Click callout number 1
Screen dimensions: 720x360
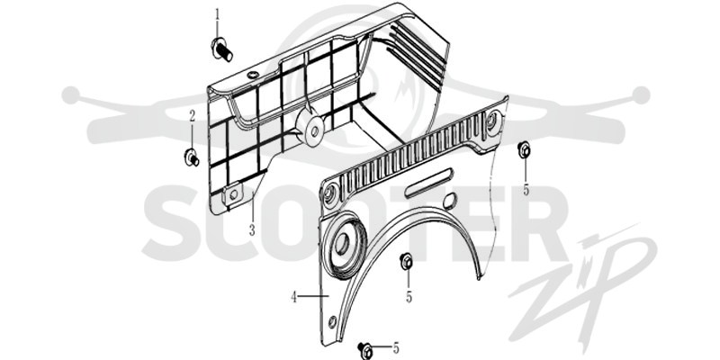pyautogui.click(x=218, y=14)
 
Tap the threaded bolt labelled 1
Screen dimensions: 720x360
pyautogui.click(x=221, y=49)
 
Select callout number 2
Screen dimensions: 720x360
pyautogui.click(x=193, y=116)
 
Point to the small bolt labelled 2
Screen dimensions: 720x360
pyautogui.click(x=191, y=157)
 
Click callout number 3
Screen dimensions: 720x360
pyautogui.click(x=252, y=230)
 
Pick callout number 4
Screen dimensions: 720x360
pyautogui.click(x=294, y=298)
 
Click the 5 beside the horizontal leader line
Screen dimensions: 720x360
pyautogui.click(x=396, y=348)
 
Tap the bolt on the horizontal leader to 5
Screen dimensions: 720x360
pyautogui.click(x=365, y=350)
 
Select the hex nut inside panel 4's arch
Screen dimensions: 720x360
pyautogui.click(x=406, y=262)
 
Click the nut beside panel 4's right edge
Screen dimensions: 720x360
pyautogui.click(x=524, y=149)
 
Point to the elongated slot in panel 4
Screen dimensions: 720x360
pyautogui.click(x=429, y=183)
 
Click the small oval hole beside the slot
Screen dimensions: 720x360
pyautogui.click(x=451, y=199)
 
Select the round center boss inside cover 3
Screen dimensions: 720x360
pyautogui.click(x=313, y=130)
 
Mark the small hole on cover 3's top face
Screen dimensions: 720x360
pyautogui.click(x=252, y=75)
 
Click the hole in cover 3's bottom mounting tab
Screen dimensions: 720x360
pyautogui.click(x=234, y=194)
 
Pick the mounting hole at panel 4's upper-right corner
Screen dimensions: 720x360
pyautogui.click(x=490, y=121)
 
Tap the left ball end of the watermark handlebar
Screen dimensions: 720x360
pyautogui.click(x=71, y=95)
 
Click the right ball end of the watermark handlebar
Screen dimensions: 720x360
pyautogui.click(x=641, y=95)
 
